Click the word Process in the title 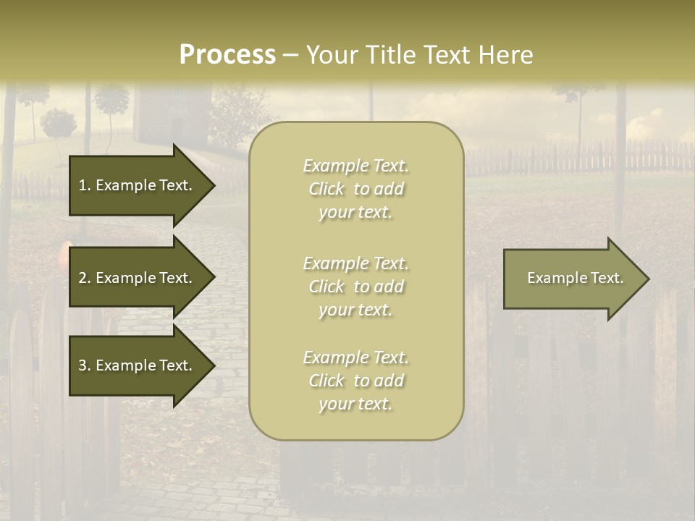227,55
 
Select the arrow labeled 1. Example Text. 138,185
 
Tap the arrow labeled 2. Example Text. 138,278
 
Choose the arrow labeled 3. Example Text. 138,365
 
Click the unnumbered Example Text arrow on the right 572,279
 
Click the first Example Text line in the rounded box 355,166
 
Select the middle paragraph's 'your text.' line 355,310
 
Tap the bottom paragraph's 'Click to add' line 355,381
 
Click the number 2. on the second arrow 84,278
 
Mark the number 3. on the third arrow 84,365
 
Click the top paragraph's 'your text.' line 355,212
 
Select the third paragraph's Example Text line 355,357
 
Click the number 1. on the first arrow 84,185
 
